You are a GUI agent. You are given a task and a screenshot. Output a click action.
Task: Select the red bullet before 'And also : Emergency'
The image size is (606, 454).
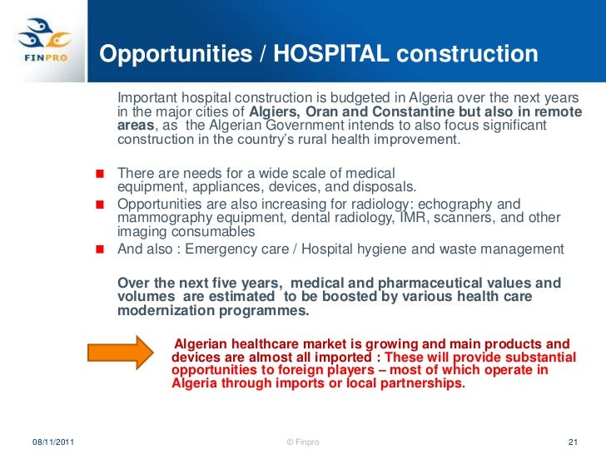[100, 249]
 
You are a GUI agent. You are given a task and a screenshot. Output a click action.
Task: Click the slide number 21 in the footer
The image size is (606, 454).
[572, 442]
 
